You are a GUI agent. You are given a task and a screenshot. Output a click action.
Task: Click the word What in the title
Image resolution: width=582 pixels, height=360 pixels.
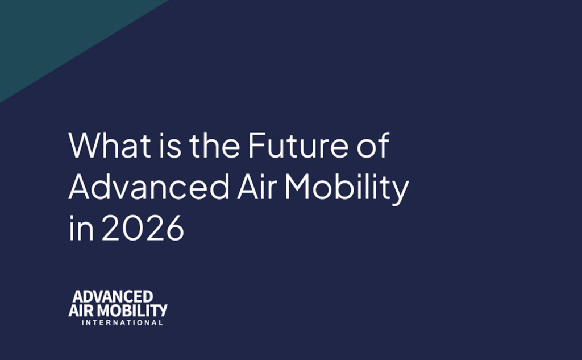click(110, 145)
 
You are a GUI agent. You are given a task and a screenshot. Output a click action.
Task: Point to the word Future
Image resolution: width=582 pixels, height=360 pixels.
click(298, 145)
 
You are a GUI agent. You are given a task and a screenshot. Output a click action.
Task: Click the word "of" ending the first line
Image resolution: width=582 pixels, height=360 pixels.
click(373, 145)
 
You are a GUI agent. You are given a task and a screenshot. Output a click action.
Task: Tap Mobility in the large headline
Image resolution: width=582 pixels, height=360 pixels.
click(347, 189)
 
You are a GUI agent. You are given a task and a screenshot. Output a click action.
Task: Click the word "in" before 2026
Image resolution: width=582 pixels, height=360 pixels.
click(81, 227)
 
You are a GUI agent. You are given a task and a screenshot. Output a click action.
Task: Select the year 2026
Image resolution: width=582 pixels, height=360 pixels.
click(143, 227)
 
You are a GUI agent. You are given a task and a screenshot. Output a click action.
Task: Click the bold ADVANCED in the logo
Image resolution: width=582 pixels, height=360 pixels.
click(113, 297)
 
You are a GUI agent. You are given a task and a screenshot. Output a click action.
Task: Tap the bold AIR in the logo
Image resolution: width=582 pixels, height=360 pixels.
click(81, 310)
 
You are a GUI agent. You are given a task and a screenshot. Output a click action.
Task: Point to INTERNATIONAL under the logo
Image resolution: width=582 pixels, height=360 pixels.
click(122, 322)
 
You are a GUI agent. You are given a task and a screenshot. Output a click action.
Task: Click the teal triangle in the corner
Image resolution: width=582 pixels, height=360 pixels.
click(56, 34)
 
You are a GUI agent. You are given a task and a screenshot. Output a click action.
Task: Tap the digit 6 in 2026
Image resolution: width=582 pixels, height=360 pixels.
click(175, 227)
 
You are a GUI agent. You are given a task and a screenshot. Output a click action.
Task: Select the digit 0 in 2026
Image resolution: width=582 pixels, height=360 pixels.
click(132, 227)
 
